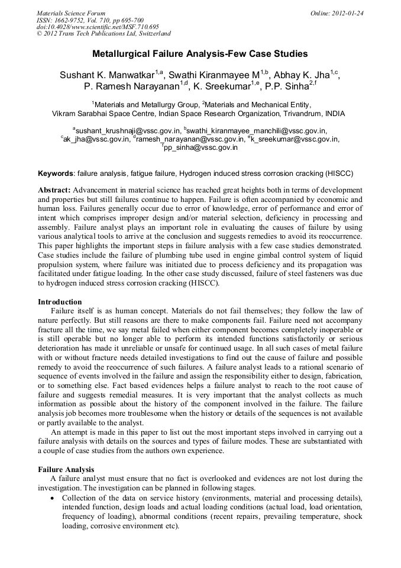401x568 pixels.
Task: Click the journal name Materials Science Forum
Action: [70, 13]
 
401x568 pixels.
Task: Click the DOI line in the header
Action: [98, 27]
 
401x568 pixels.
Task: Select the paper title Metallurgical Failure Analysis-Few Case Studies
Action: [200, 54]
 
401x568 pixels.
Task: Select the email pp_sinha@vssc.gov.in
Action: [201, 148]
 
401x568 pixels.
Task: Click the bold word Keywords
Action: [56, 174]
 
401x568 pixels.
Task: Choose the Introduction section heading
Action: [60, 302]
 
